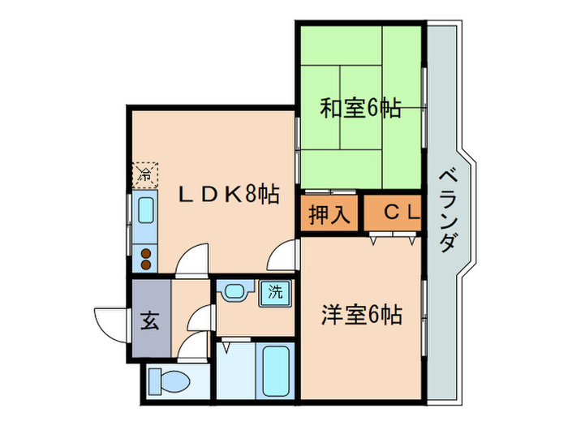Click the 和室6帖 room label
click(x=359, y=108)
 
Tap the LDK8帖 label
click(x=230, y=194)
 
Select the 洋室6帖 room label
click(x=362, y=315)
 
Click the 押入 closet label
click(x=329, y=215)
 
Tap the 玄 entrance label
click(x=149, y=319)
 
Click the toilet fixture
click(x=168, y=380)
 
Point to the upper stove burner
click(x=146, y=252)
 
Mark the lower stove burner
click(x=146, y=264)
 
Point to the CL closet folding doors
click(x=393, y=239)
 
